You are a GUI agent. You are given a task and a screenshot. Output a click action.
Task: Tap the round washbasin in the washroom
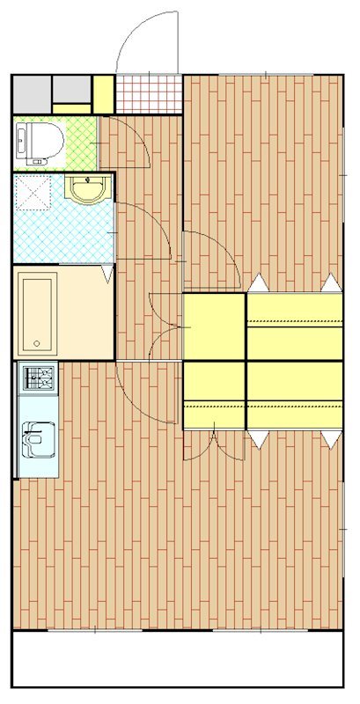[x=87, y=189]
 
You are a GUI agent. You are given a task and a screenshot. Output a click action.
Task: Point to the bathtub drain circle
[x=36, y=342]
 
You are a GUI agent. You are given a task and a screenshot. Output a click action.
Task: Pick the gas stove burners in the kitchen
[x=38, y=379]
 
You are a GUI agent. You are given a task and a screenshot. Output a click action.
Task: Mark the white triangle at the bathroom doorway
[x=108, y=275]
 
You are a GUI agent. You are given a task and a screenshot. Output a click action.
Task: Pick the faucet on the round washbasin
[x=87, y=180]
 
